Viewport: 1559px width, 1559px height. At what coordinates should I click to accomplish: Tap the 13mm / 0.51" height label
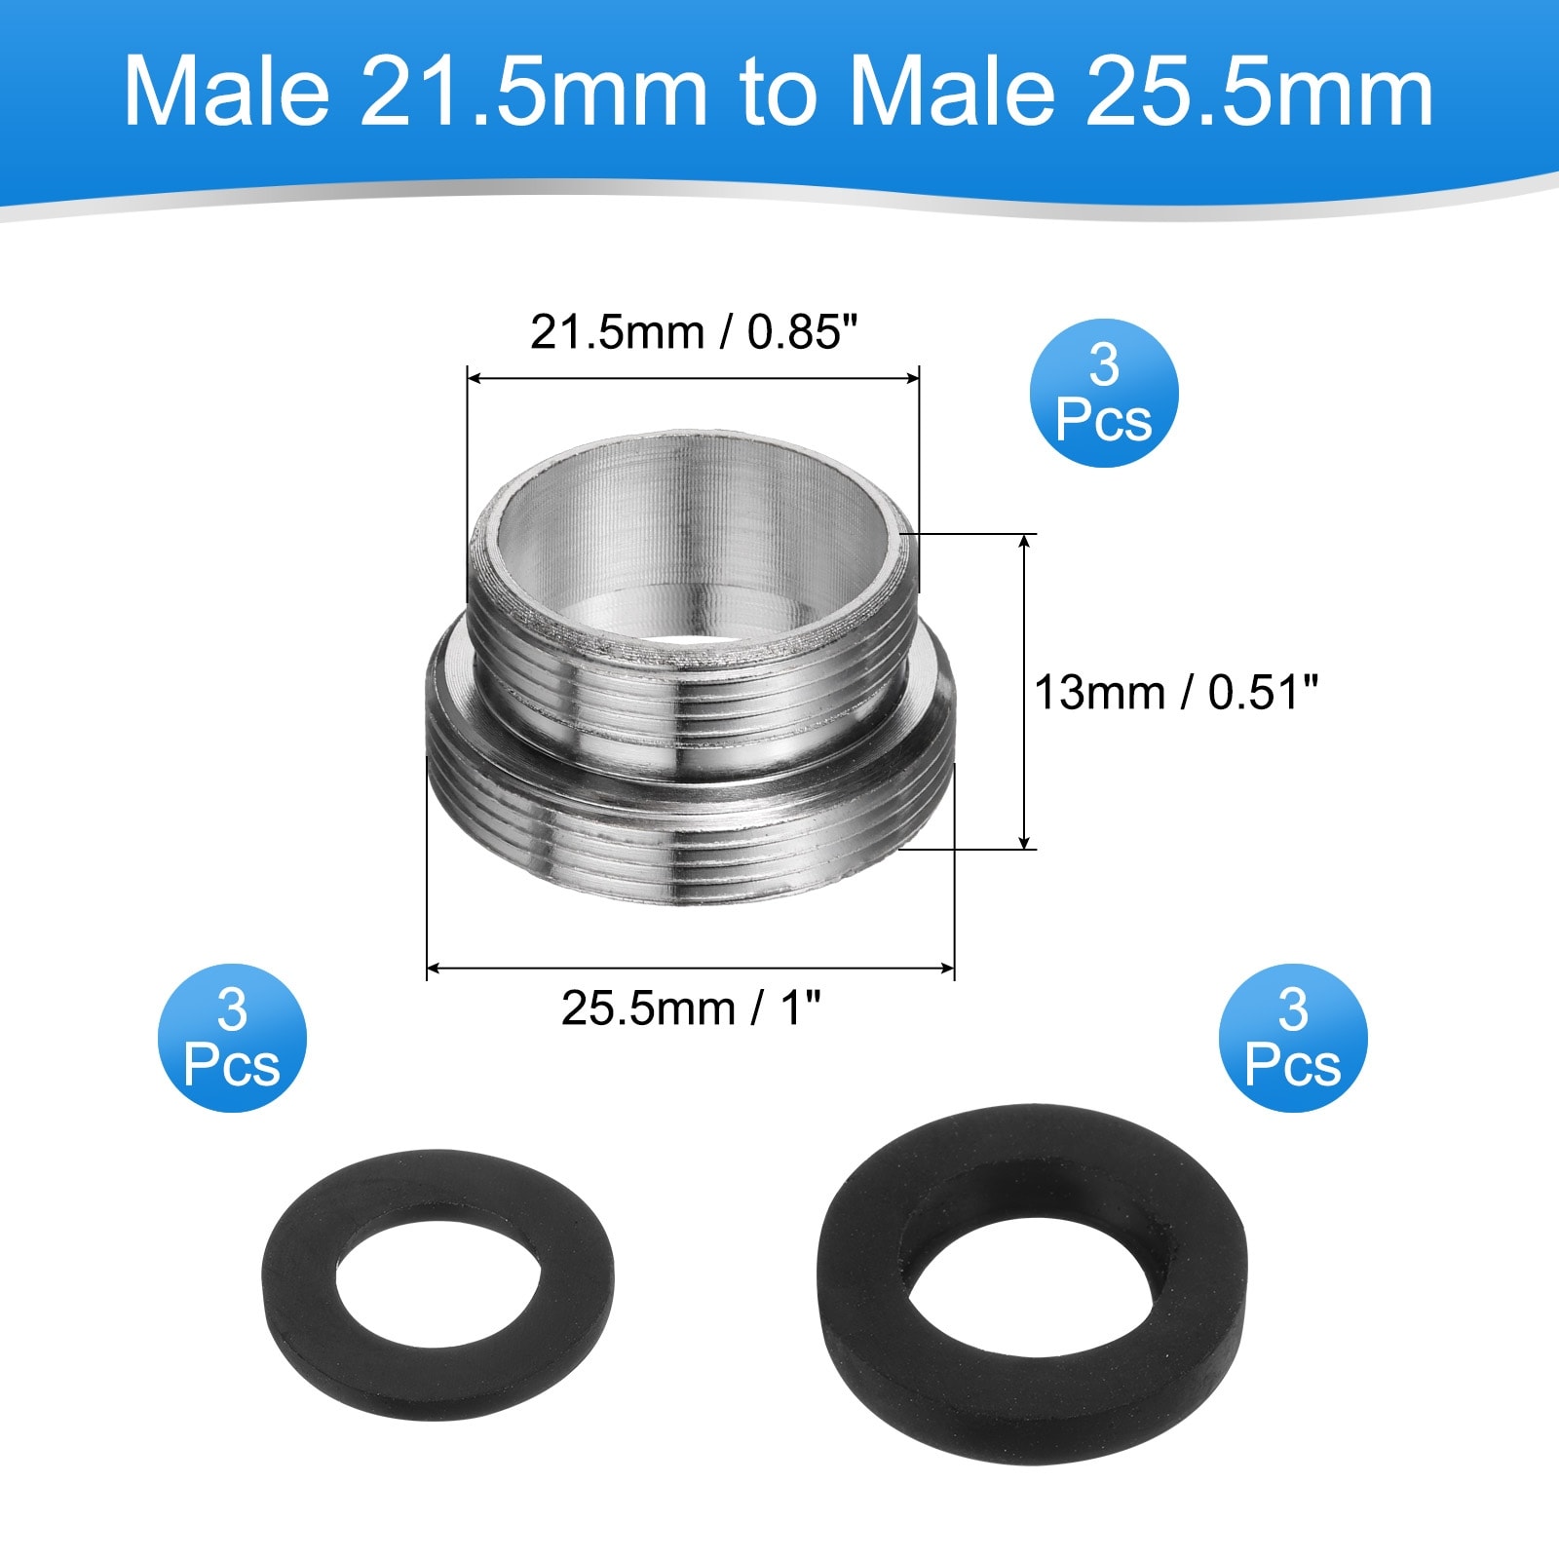pyautogui.click(x=1175, y=693)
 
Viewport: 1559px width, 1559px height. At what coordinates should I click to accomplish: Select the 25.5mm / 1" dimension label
pyautogui.click(x=691, y=1008)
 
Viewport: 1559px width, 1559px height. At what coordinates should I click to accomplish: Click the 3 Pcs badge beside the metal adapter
pyautogui.click(x=1104, y=393)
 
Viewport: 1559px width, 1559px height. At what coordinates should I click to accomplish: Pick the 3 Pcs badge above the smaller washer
pyautogui.click(x=232, y=1038)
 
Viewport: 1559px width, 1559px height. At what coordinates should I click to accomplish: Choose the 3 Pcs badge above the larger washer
pyautogui.click(x=1293, y=1038)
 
